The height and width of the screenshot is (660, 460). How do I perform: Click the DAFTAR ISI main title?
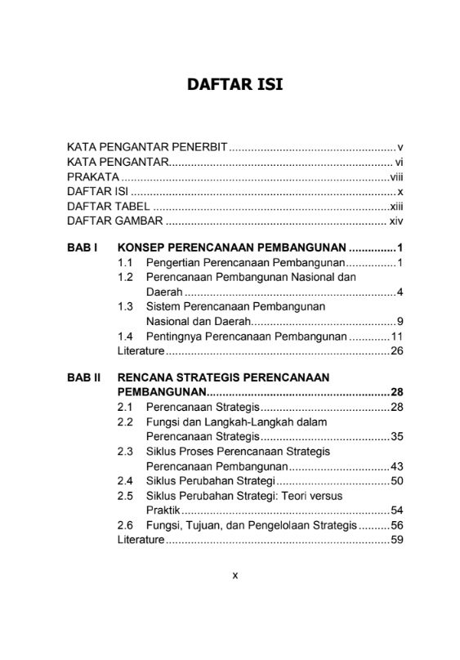point(235,84)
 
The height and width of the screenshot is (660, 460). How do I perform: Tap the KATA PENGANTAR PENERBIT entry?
point(147,148)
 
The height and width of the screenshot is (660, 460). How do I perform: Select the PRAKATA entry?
point(93,177)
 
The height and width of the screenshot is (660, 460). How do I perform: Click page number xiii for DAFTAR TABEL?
point(396,207)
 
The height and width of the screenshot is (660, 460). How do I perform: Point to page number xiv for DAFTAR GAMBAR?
point(396,221)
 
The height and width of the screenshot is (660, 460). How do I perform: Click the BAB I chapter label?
point(83,247)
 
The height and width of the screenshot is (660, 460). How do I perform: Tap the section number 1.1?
point(125,263)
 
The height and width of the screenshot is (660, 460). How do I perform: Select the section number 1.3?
point(125,307)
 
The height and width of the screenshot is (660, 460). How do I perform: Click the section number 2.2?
point(125,421)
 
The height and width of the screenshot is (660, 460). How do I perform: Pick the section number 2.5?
point(125,495)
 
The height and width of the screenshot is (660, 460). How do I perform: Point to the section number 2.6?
point(125,524)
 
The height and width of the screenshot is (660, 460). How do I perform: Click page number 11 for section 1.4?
point(398,337)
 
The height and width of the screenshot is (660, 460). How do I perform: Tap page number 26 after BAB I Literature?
point(398,351)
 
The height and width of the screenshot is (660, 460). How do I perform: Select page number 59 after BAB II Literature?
point(398,539)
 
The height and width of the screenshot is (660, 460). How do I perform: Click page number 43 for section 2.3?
point(398,466)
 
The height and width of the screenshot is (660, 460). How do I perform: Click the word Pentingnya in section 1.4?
point(174,337)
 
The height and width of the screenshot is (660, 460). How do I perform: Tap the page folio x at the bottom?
point(235,575)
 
